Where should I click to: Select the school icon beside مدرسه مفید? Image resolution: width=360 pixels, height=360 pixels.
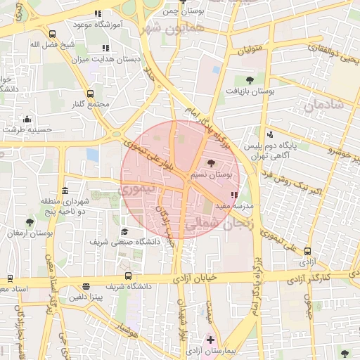(x=233, y=195)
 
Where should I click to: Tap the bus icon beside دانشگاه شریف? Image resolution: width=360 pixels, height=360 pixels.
(x=127, y=276)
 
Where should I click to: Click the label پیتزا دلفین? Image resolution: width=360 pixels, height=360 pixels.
(x=85, y=297)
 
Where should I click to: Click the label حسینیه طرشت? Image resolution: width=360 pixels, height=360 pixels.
(x=27, y=129)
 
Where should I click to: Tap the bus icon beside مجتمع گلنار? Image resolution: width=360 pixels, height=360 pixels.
(x=89, y=94)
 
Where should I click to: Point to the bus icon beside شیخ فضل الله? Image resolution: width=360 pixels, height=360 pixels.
(x=52, y=33)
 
